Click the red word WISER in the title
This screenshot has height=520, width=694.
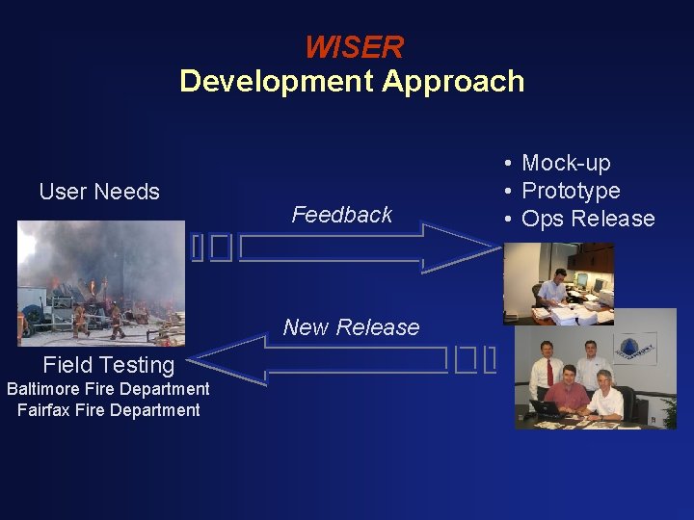[354, 46]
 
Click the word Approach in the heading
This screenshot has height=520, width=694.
[453, 81]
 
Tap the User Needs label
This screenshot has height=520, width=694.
[99, 192]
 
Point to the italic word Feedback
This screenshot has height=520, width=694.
[342, 215]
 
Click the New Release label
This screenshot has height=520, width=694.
[351, 327]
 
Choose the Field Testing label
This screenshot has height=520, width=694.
[109, 364]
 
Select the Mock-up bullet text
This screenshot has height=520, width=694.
[566, 163]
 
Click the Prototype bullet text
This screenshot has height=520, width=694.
[571, 191]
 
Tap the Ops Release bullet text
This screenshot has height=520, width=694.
[588, 219]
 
